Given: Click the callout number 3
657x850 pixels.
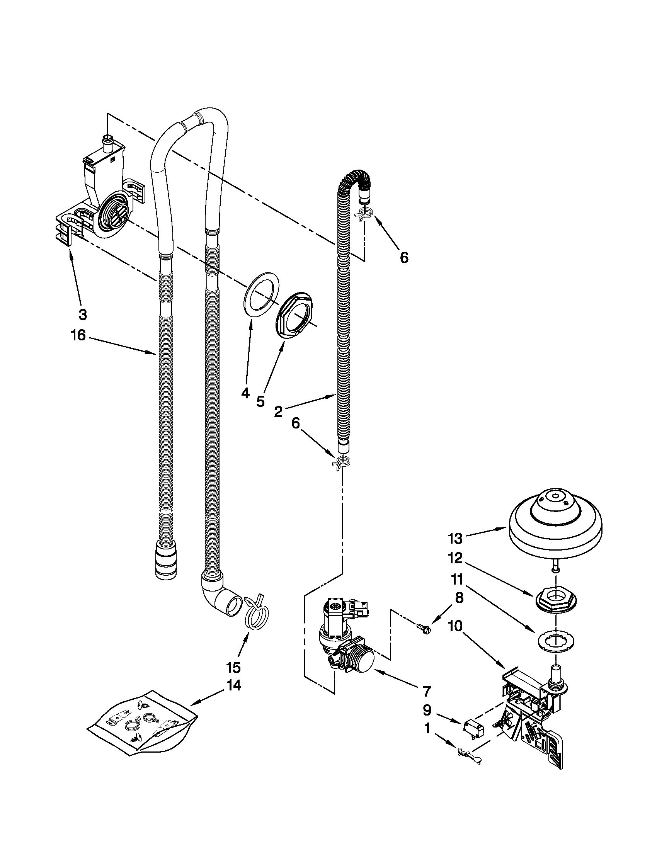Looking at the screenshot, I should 83,314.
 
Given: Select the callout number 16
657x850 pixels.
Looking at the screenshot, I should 78,335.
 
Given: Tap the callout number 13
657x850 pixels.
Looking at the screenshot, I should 455,539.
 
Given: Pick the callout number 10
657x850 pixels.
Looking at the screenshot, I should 455,626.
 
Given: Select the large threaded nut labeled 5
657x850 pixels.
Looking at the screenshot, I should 294,314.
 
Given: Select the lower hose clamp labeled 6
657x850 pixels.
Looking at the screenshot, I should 342,462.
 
